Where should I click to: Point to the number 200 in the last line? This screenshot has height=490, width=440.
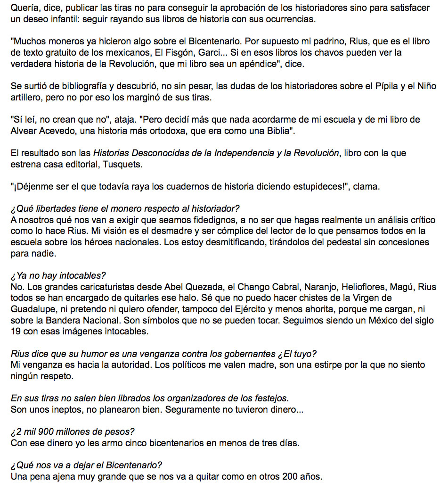point(292,476)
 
